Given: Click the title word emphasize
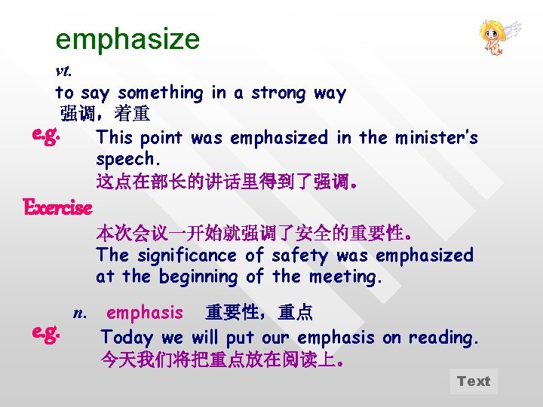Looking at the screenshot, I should click(127, 38).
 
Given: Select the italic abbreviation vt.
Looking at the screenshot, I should click(63, 72).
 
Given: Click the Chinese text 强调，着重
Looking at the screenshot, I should click(105, 115).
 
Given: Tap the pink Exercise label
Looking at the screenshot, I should click(57, 207).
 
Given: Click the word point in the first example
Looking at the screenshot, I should click(161, 138).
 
